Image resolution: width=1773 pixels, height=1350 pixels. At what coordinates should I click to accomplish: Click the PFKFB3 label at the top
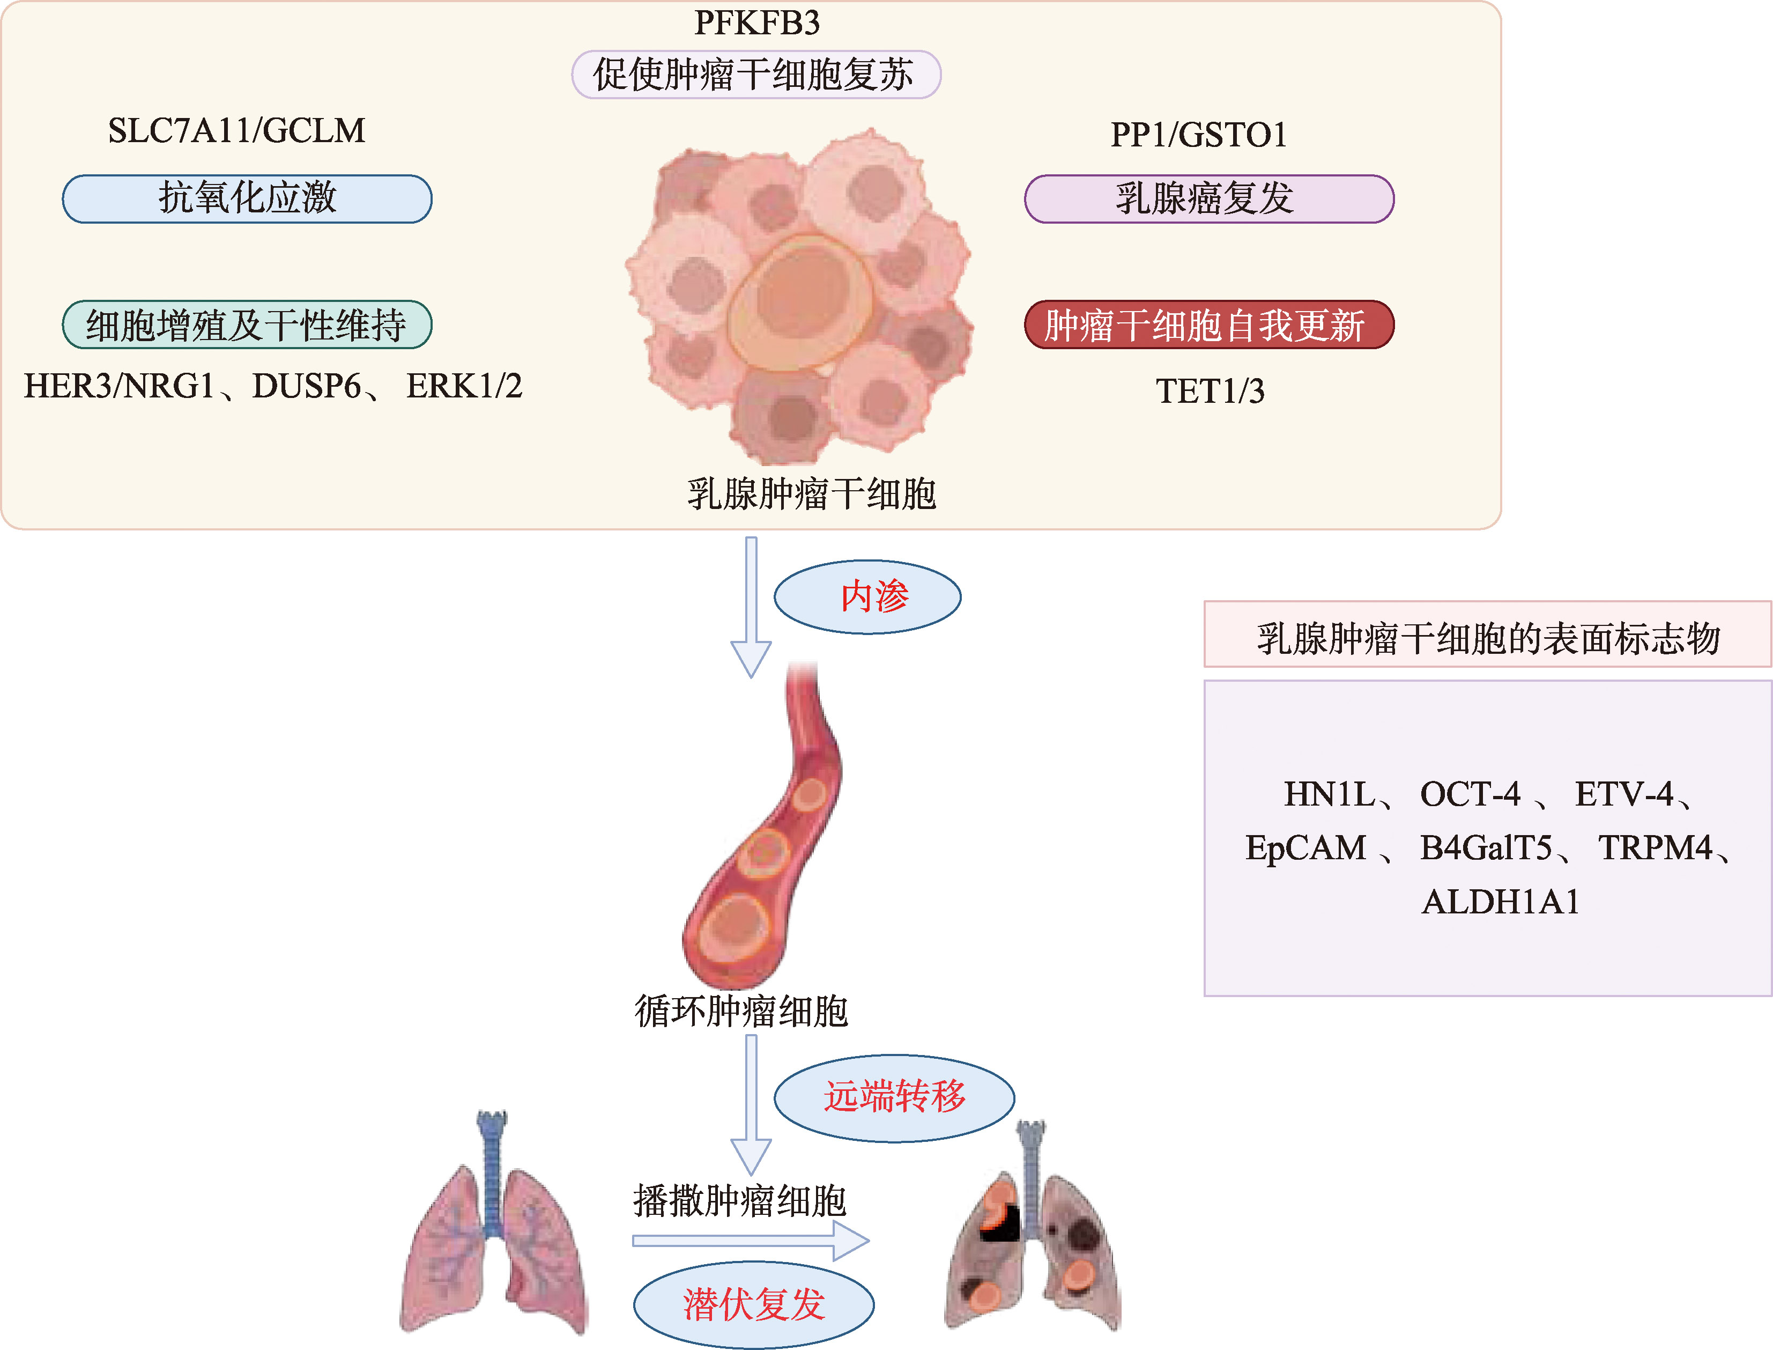(757, 23)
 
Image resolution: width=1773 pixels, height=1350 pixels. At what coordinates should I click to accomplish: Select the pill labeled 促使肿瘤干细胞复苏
(755, 75)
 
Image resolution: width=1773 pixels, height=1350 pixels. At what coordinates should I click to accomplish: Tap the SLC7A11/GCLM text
(236, 131)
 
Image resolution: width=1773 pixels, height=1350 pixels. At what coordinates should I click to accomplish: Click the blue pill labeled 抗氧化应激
(247, 198)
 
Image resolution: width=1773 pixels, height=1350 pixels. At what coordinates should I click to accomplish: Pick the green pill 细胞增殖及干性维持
(247, 324)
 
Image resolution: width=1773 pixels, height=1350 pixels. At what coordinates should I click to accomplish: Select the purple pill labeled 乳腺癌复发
(1208, 198)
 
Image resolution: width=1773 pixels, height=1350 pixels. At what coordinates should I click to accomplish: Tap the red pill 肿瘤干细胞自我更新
(1208, 324)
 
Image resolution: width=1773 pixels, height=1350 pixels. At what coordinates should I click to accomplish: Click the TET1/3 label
(1210, 392)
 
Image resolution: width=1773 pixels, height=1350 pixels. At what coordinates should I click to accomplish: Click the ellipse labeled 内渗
(867, 597)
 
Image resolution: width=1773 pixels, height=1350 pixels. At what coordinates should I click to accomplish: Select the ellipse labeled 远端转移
(893, 1097)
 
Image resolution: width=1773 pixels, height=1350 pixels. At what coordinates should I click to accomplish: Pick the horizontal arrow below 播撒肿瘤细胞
(751, 1241)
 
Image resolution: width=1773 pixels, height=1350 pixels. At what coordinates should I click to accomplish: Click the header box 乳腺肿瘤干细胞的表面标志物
(1487, 635)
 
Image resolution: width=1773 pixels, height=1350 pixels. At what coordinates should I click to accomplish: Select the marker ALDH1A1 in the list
(1500, 902)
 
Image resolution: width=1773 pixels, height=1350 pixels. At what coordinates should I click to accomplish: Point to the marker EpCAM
(1305, 848)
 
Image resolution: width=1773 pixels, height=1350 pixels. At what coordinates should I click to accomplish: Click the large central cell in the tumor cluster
(799, 297)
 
